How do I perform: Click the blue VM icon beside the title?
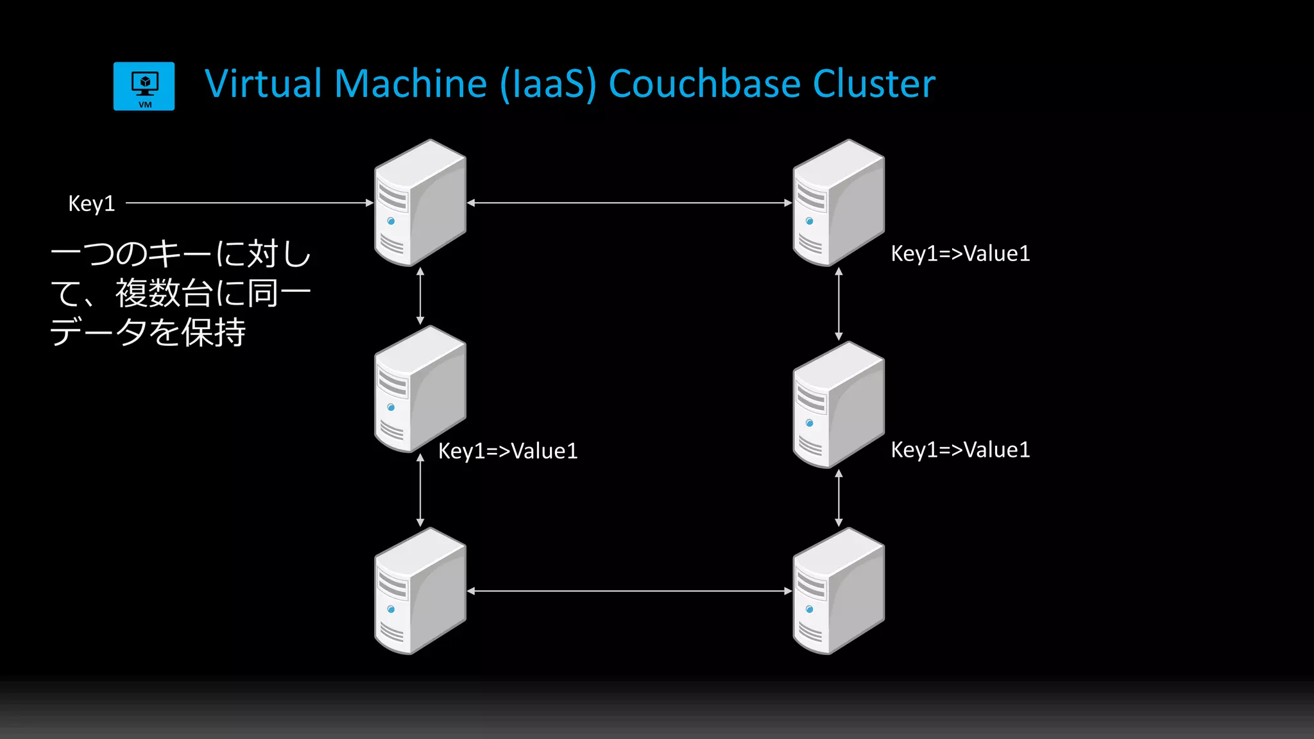pos(144,86)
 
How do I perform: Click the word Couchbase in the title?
pos(703,84)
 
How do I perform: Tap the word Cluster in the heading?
pos(874,84)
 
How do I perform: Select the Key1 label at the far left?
pos(91,203)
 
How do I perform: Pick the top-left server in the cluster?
pos(420,203)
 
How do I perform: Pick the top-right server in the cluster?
pos(839,203)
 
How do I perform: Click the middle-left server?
pos(420,389)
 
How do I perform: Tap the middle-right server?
pos(839,404)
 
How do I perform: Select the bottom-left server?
pos(420,591)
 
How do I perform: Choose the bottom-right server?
pos(839,591)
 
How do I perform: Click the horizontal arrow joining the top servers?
pos(629,203)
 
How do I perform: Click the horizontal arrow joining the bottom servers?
pos(629,591)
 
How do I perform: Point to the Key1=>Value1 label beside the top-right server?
pos(960,253)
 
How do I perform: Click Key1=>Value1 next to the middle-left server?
pos(508,451)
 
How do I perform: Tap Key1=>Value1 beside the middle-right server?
pos(960,450)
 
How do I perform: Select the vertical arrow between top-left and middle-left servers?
pos(420,296)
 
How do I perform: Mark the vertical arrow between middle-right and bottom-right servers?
pos(839,498)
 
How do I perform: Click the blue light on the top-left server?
pos(391,221)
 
